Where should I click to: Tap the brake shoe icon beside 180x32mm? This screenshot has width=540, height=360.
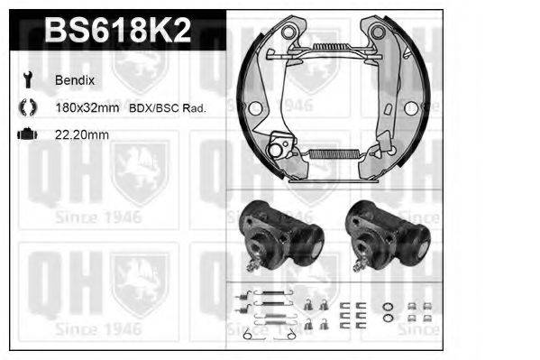26,107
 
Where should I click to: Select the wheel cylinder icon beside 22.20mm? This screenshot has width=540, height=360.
26,134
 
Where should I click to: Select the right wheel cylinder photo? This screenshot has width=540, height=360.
386,234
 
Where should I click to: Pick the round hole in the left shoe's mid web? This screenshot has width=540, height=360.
254,108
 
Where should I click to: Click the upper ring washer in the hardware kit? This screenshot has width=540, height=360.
385,303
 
